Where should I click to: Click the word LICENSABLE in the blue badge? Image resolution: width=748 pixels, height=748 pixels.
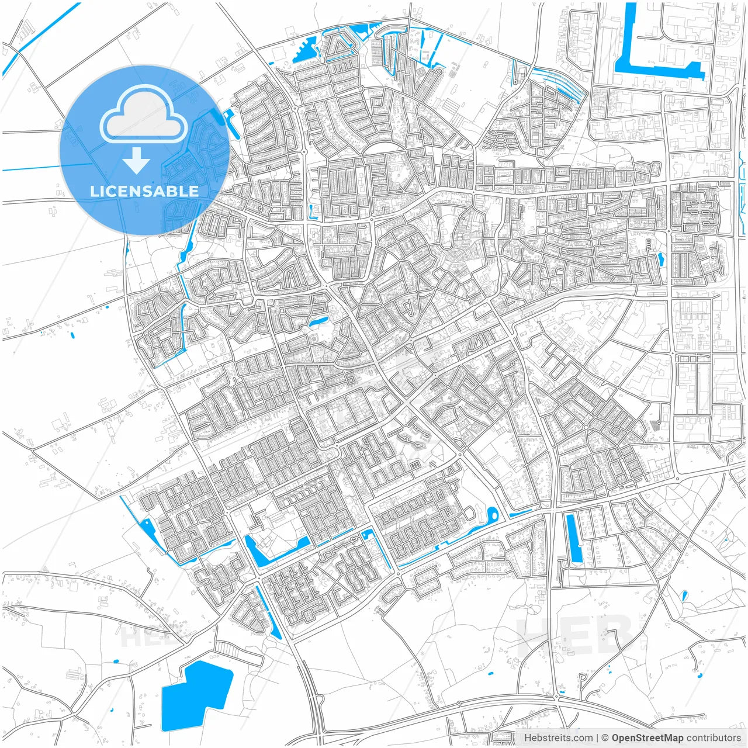click(x=144, y=191)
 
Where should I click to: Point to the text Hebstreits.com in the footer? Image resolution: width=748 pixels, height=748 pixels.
click(x=558, y=738)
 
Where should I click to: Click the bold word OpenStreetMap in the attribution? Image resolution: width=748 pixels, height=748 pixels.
click(x=647, y=738)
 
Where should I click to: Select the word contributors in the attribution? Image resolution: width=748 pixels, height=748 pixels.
click(x=713, y=738)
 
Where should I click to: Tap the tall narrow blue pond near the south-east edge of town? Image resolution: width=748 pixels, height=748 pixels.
click(x=575, y=538)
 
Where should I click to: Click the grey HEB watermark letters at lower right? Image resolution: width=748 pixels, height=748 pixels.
click(x=576, y=634)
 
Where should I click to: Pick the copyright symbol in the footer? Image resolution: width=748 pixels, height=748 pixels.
click(x=605, y=738)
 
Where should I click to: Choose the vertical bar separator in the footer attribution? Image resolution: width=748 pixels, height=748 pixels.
click(x=597, y=738)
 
